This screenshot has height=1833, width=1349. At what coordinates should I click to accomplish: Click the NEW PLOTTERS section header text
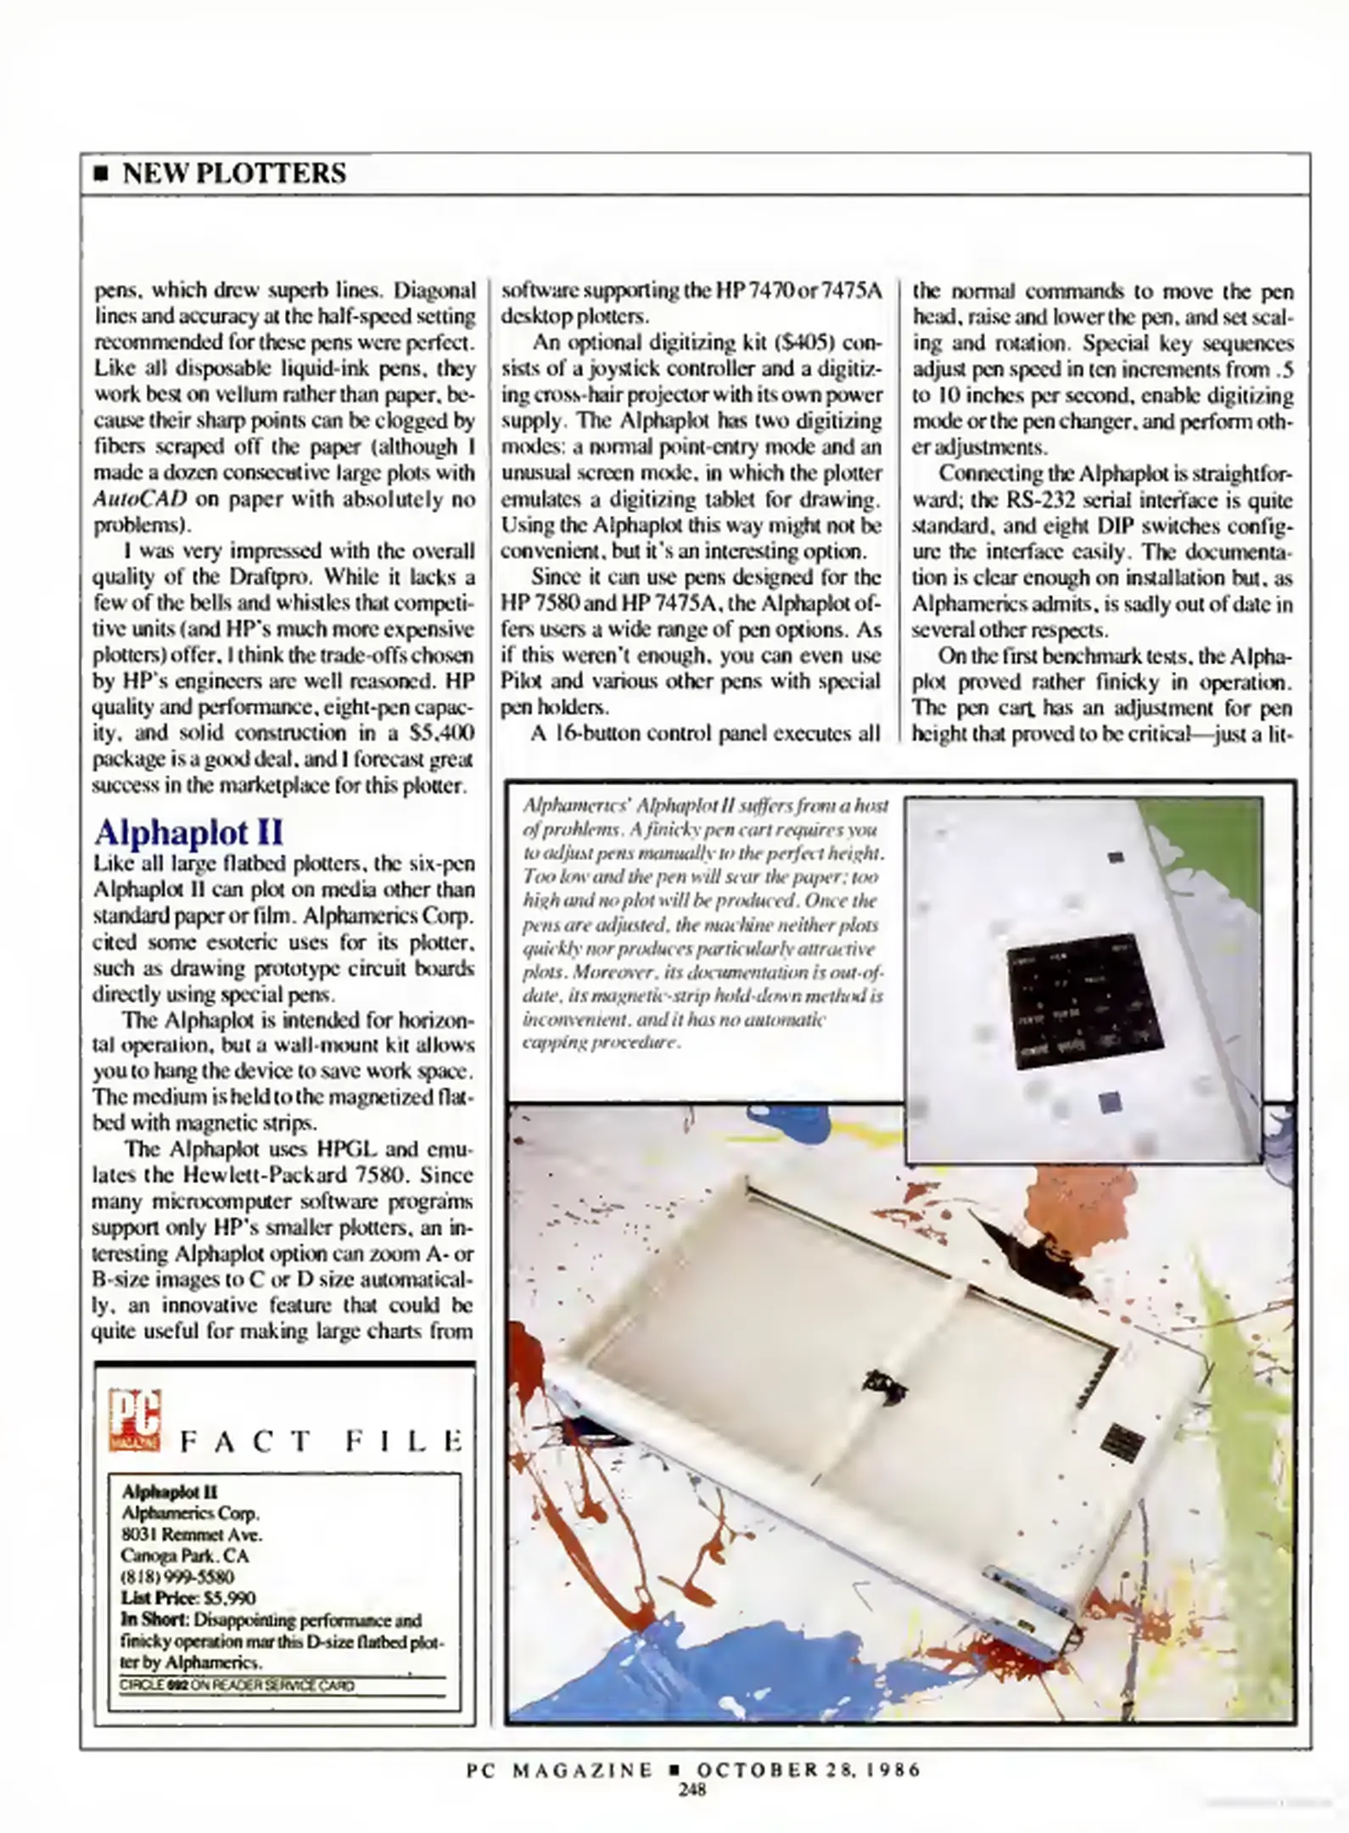[x=234, y=173]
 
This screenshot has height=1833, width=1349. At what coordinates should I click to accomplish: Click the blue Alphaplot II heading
[x=188, y=832]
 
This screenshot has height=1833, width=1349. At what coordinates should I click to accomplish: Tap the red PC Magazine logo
[x=134, y=1419]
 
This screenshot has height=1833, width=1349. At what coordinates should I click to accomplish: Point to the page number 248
[x=692, y=1790]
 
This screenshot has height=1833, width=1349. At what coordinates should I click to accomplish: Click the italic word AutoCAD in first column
[x=139, y=499]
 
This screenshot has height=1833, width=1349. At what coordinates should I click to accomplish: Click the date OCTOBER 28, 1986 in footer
[x=808, y=1770]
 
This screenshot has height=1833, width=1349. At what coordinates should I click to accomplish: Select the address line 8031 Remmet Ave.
[x=192, y=1534]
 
